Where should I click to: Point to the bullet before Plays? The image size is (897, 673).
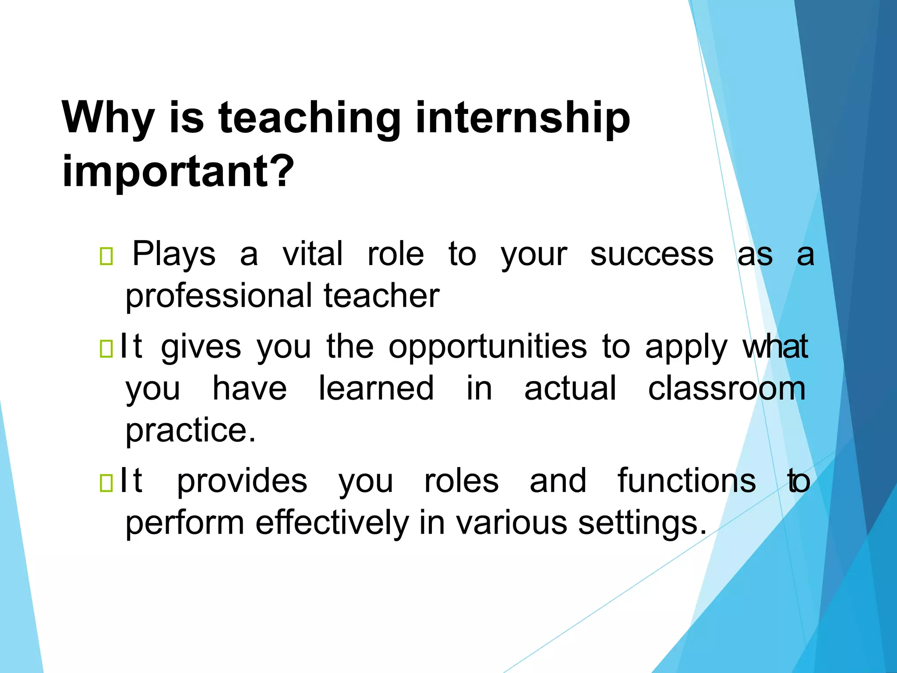coord(106,257)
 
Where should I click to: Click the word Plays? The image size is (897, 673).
coord(174,254)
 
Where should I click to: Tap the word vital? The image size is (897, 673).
coord(312,254)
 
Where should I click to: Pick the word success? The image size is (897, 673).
coord(651,254)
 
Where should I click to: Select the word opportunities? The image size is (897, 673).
coord(487,347)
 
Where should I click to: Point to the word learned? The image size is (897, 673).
coord(376,388)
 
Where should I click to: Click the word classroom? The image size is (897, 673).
coord(727,388)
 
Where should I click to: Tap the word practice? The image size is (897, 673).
coord(191,430)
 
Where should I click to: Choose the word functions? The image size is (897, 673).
coord(687,481)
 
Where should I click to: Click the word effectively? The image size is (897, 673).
coord(332,523)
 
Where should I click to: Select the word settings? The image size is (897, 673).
coord(642,523)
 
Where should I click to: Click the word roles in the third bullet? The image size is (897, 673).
coord(461,481)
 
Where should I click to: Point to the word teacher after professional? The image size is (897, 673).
coord(381,296)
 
